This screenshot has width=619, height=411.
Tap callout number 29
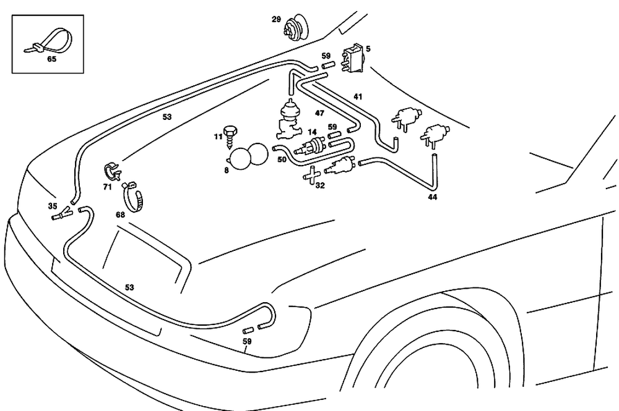tap(276, 20)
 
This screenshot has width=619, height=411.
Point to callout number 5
tap(368, 48)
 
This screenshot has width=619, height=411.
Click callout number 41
tap(358, 96)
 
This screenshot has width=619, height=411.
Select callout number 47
tap(319, 113)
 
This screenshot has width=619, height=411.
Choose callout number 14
tap(312, 132)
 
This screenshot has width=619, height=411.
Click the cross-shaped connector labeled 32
tap(311, 176)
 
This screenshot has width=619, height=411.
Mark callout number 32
tap(319, 184)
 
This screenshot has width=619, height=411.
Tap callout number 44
tap(432, 198)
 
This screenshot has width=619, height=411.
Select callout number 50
tap(282, 159)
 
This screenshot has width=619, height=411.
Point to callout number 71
tap(108, 186)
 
